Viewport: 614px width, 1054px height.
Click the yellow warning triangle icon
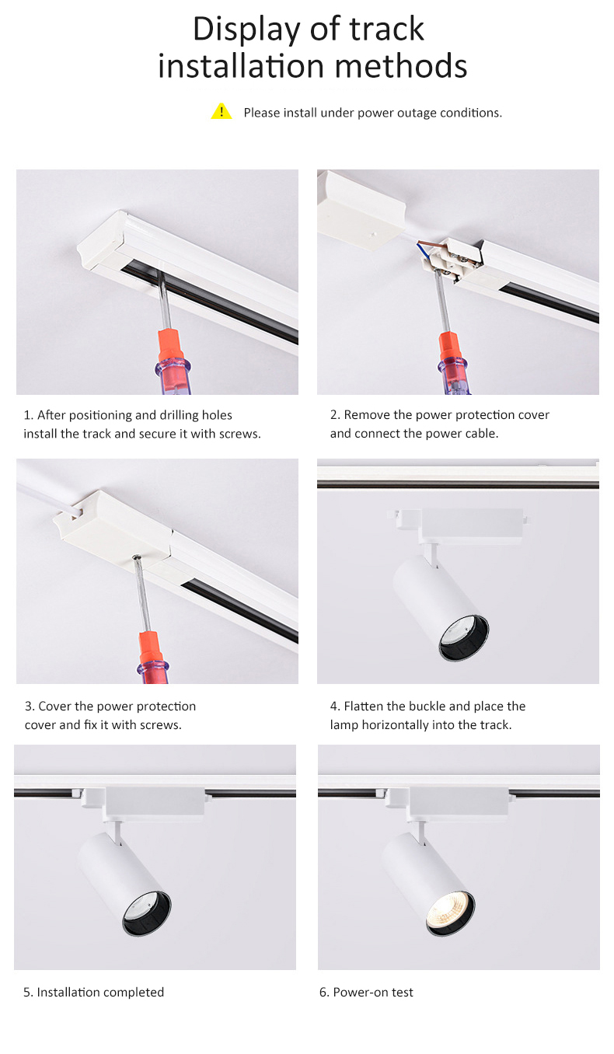coord(222,111)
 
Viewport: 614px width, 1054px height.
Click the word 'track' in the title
coord(386,30)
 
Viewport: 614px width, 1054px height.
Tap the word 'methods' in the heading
coord(401,66)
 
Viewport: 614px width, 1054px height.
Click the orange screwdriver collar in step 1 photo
coord(170,345)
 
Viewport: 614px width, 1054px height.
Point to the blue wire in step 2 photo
coord(425,250)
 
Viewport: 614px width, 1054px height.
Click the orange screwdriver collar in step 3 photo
coord(151,648)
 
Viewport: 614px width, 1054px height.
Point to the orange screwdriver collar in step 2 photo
coord(449,348)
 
